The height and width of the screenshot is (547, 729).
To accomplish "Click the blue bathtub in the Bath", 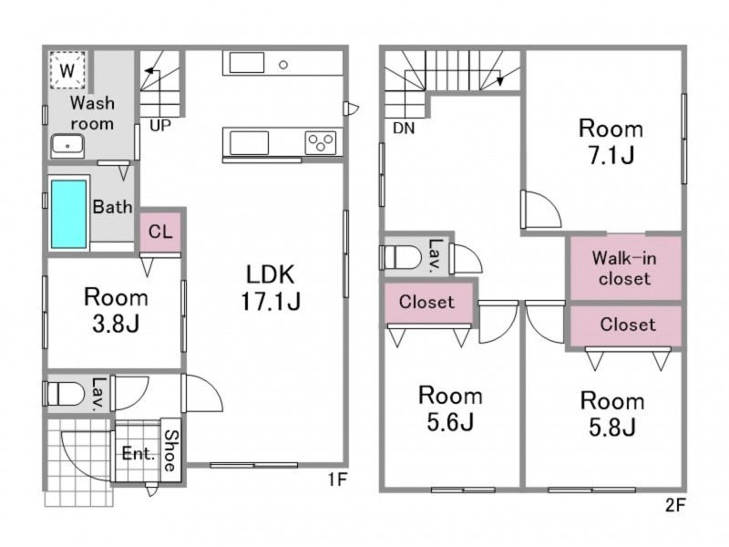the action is click(x=69, y=214).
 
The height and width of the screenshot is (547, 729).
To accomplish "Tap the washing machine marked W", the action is click(x=67, y=70).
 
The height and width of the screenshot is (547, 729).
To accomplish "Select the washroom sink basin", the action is click(x=67, y=146).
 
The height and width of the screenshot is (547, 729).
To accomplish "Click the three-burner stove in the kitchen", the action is click(x=321, y=143).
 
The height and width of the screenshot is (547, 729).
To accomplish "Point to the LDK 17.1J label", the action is click(x=271, y=287).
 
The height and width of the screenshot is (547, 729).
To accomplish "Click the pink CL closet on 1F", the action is click(x=160, y=232).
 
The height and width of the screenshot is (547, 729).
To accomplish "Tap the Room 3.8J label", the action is click(x=116, y=310).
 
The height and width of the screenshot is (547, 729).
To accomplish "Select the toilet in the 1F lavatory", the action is click(x=64, y=394).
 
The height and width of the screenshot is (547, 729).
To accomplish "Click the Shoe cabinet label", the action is click(x=171, y=450).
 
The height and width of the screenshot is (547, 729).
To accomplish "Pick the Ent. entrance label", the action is click(x=139, y=453).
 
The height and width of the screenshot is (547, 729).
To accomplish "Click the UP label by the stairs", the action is click(x=160, y=125).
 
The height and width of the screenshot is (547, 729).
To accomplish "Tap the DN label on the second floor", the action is click(x=404, y=128).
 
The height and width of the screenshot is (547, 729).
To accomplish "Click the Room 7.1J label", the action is click(x=611, y=141).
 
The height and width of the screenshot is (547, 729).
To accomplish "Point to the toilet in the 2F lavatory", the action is click(x=401, y=257).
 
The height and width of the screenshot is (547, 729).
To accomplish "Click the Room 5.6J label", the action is click(x=450, y=408).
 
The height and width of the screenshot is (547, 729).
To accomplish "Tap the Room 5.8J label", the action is click(x=612, y=414).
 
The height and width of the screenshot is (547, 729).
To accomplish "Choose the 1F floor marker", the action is click(x=337, y=480).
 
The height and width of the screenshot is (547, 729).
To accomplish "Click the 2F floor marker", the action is click(x=675, y=505).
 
